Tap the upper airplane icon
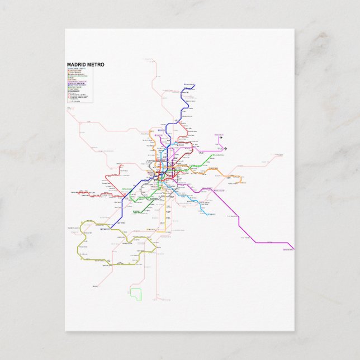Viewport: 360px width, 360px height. tap(221, 138)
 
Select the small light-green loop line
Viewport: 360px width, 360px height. tap(136, 293)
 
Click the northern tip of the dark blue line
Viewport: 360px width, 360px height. tap(194, 86)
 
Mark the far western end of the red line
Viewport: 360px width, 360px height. tap(78, 193)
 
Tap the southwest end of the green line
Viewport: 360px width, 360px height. tap(133, 213)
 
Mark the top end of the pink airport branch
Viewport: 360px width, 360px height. tap(216, 135)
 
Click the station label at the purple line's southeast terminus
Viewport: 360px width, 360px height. tap(288, 249)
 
